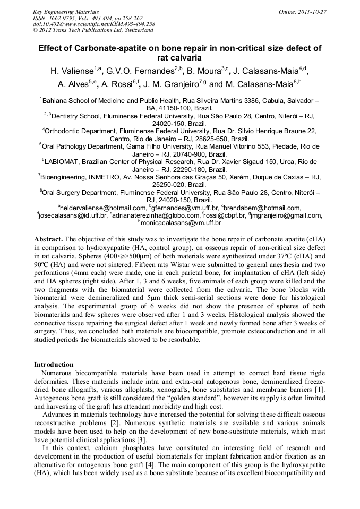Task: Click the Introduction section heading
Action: pos(54,365)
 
